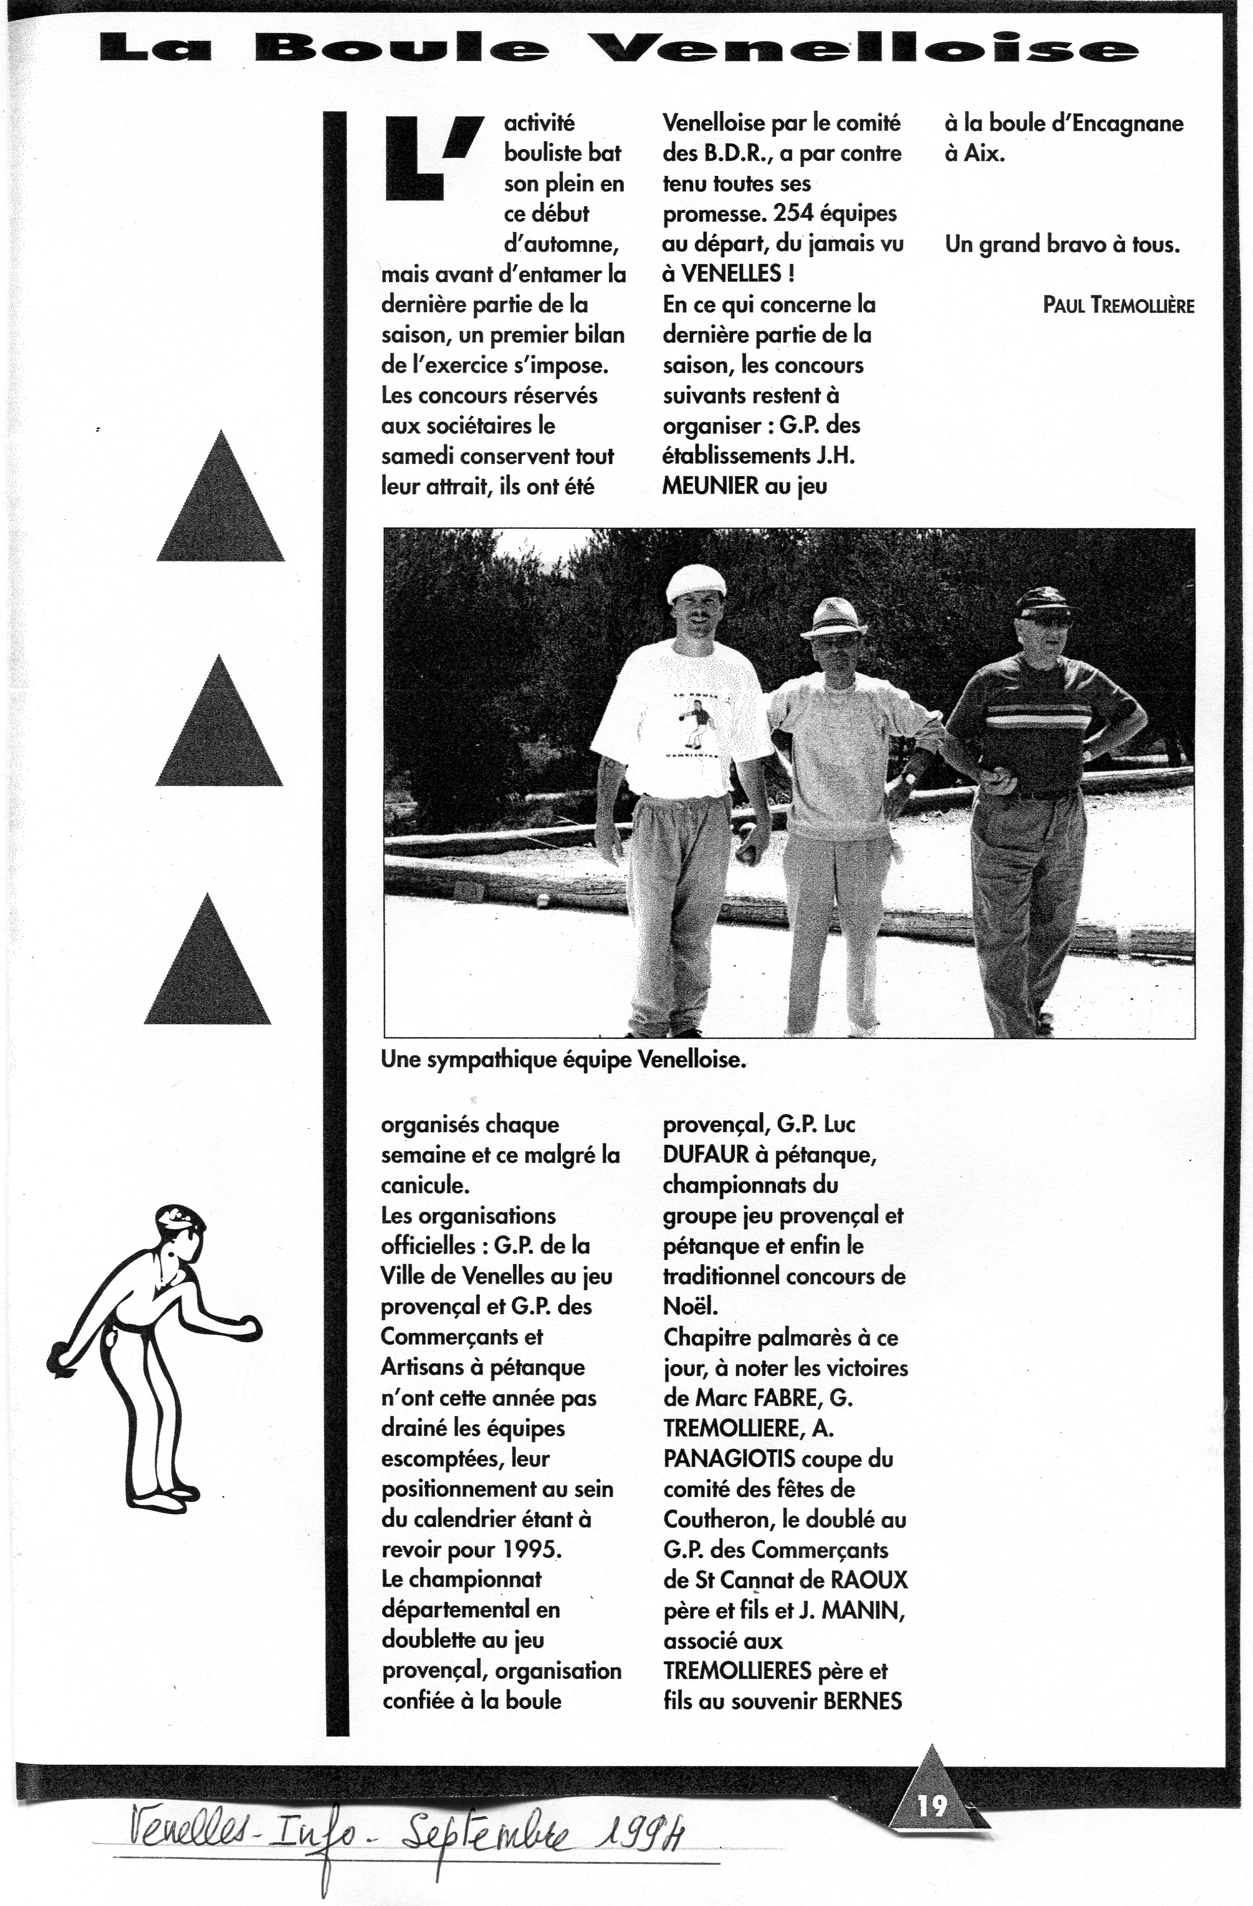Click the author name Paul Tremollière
[1118, 305]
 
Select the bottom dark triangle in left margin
[207, 966]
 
